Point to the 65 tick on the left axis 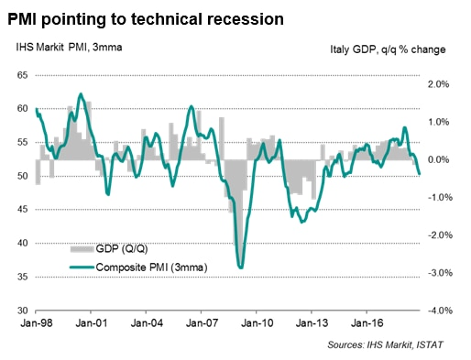(21, 75)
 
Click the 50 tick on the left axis (21, 176)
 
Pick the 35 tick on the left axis (21, 277)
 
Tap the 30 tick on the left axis (21, 311)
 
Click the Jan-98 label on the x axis (37, 323)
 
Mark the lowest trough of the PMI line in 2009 (241, 267)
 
